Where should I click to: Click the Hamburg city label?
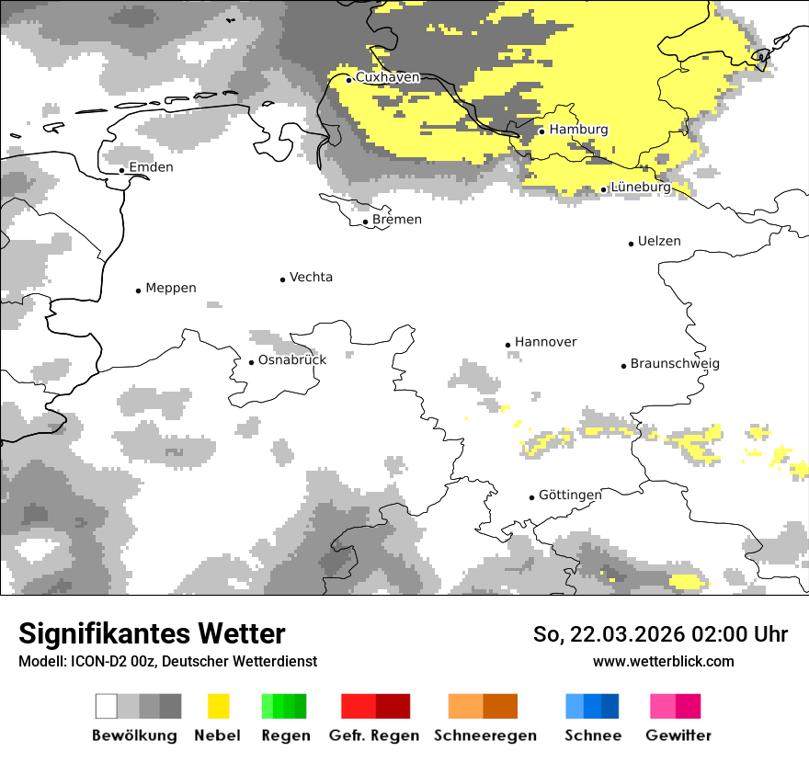coord(578,130)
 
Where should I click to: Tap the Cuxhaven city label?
coord(387,78)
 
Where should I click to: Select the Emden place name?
coord(151,167)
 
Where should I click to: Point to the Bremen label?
coord(397,220)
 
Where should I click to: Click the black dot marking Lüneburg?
coord(604,189)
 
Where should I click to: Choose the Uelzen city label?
coord(659,242)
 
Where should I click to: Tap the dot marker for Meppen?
coord(139,290)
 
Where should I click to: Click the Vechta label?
coord(311,278)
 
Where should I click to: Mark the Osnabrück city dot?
coord(251,362)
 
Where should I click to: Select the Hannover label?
coord(545,342)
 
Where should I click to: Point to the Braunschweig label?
coord(675,364)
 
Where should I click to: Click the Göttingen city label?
coord(570,495)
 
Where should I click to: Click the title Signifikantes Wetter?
coord(152,634)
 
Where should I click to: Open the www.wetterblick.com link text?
coord(663,662)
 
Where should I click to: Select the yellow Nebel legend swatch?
coord(218,706)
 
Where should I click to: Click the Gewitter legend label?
coord(678,735)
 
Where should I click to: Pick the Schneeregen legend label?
coord(485,735)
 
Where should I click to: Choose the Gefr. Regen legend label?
coord(374,735)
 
